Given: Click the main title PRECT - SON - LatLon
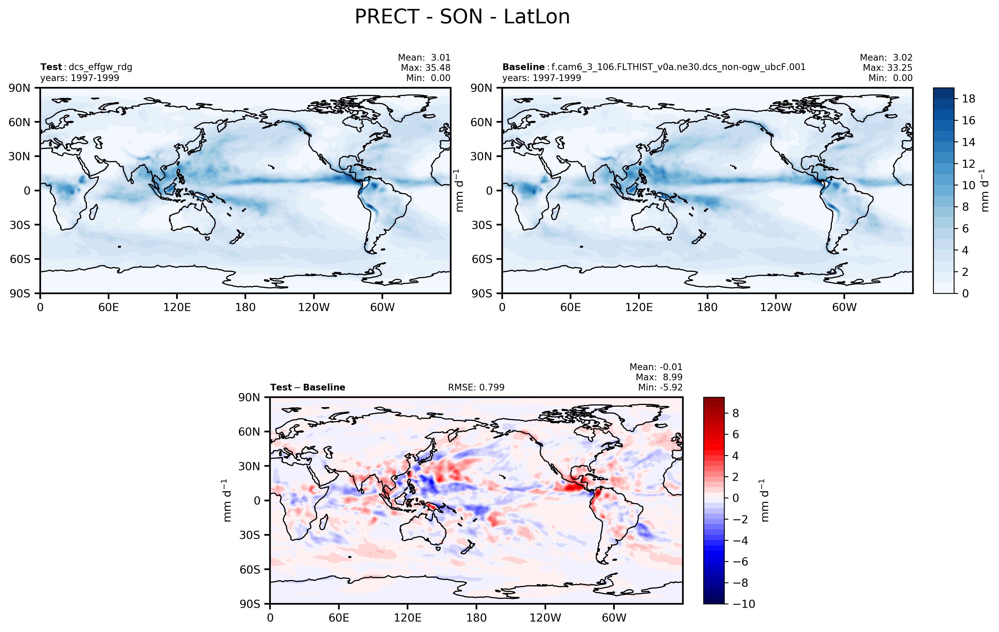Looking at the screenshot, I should coord(462,17).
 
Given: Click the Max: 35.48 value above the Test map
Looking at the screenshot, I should coord(425,68).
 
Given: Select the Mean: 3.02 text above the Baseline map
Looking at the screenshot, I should coord(886,57).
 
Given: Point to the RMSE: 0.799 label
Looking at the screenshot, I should coord(476,388).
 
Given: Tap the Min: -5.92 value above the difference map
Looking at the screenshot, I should coord(660,388).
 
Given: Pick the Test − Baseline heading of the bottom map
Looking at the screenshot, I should coord(308,388).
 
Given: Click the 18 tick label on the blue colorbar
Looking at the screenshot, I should coord(968,99).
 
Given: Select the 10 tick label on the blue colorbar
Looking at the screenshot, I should coord(968,185).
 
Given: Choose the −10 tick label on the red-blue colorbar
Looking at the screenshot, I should coord(744,604).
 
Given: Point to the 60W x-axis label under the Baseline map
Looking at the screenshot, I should coord(844,308).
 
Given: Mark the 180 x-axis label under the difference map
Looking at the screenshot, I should coord(476,618).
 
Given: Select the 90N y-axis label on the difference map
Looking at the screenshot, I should coord(249,398).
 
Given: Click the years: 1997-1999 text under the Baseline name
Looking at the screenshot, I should coord(541,78).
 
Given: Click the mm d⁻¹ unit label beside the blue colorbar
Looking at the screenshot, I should coord(985,191).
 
